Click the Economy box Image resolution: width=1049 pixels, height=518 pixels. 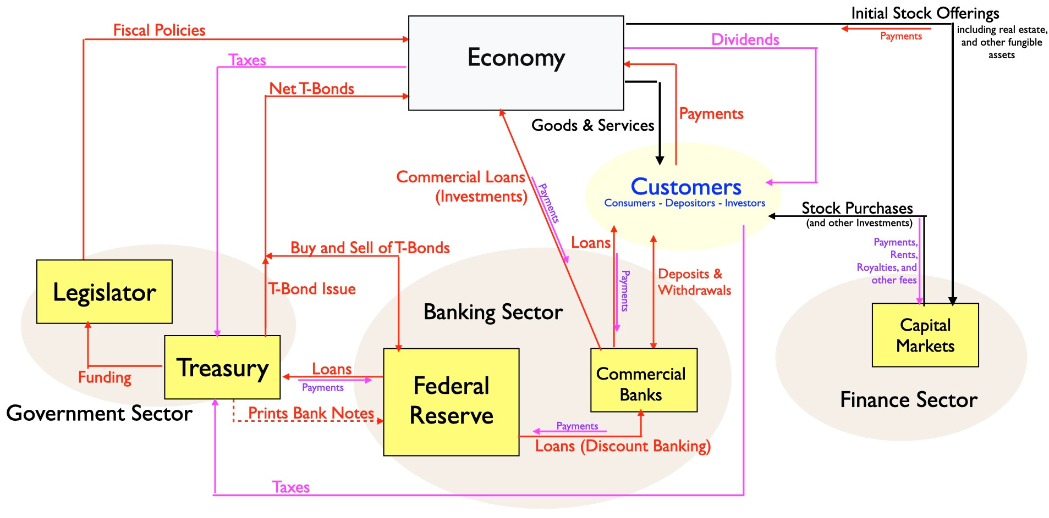tap(516, 63)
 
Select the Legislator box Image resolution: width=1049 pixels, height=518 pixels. tap(105, 292)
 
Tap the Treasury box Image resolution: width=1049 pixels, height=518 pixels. tap(222, 367)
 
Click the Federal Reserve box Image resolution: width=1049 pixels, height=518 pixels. tap(451, 402)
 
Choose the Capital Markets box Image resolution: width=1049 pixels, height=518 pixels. tap(925, 335)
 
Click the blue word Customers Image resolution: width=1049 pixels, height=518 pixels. tap(686, 187)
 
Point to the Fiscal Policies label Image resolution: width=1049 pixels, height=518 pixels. tap(159, 30)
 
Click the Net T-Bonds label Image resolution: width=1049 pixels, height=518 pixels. tap(311, 88)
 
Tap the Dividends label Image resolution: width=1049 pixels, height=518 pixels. tap(745, 40)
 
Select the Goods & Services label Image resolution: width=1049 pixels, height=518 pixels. tap(592, 125)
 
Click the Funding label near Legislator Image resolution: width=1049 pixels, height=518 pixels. tap(105, 377)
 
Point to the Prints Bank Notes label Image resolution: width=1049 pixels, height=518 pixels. tap(311, 413)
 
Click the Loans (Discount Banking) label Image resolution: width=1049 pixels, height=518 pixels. tap(623, 446)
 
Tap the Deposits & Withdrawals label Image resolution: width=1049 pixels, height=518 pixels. tap(694, 282)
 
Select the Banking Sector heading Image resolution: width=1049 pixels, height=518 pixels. tap(493, 312)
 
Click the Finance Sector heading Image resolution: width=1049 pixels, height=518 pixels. tap(909, 400)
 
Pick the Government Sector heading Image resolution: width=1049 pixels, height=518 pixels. tap(99, 413)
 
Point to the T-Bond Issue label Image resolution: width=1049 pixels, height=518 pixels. tap(312, 289)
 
